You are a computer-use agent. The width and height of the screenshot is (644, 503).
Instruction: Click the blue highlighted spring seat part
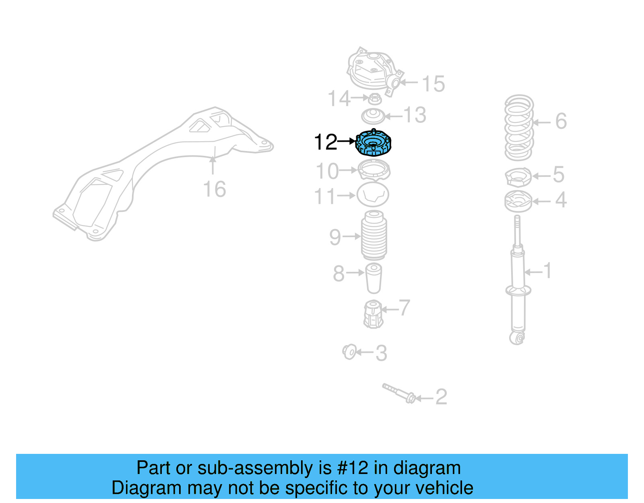click(x=373, y=143)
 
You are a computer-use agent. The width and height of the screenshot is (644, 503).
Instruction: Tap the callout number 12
click(x=325, y=142)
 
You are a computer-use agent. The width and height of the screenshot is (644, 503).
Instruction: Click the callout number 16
click(x=214, y=189)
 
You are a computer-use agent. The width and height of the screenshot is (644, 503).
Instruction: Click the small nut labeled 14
click(x=375, y=98)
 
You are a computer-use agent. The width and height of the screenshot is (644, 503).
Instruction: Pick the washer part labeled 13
click(x=373, y=116)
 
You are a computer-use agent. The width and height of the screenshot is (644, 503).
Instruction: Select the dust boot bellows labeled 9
click(x=374, y=236)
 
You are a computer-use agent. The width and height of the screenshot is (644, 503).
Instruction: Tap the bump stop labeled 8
click(x=374, y=278)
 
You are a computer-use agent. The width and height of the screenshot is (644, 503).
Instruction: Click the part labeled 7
click(x=373, y=315)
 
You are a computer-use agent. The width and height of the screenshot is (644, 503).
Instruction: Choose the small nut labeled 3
click(x=349, y=352)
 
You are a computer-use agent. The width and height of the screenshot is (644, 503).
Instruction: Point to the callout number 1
click(x=547, y=271)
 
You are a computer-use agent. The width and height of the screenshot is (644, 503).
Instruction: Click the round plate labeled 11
click(x=373, y=195)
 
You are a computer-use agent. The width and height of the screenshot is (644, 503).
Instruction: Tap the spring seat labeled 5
click(x=518, y=177)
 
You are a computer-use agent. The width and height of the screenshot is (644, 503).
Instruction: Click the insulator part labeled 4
click(x=518, y=201)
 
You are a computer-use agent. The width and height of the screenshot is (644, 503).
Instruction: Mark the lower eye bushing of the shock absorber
click(x=518, y=337)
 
